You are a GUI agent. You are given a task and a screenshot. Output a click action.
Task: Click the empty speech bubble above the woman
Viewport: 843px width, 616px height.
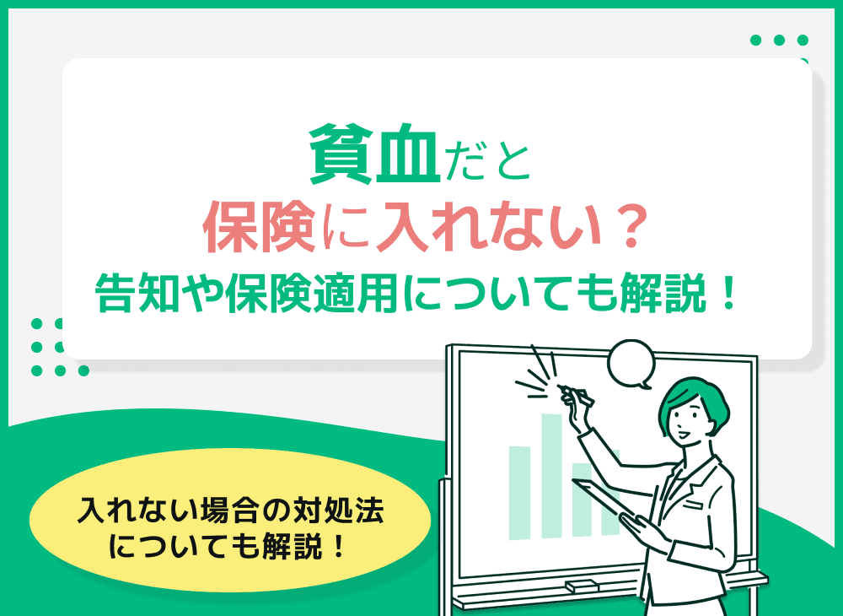coord(631,361)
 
